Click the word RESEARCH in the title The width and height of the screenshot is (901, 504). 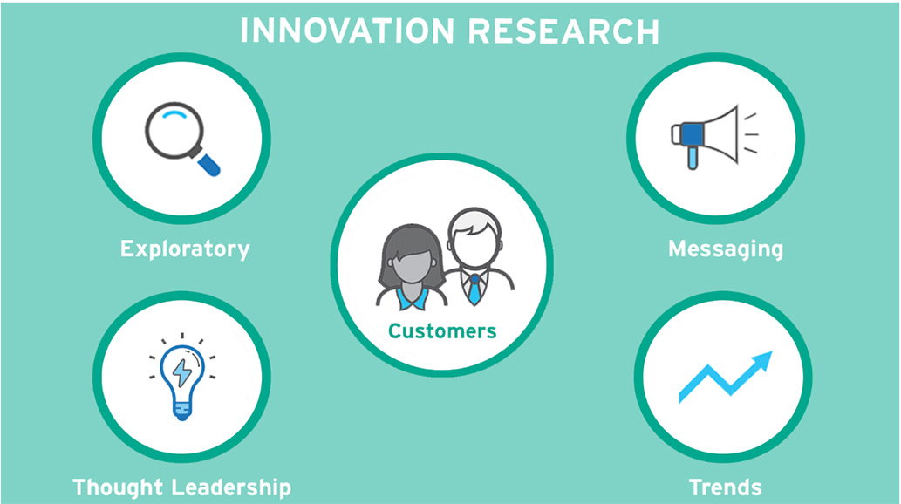pyautogui.click(x=563, y=31)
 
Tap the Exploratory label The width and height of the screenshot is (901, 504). pyautogui.click(x=185, y=249)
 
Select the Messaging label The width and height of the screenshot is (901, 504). pyautogui.click(x=725, y=249)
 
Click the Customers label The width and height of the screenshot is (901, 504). pyautogui.click(x=442, y=331)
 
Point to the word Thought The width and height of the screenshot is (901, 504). pyautogui.click(x=122, y=487)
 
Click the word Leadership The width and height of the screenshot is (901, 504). pyautogui.click(x=237, y=487)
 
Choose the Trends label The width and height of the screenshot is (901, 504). pyautogui.click(x=725, y=487)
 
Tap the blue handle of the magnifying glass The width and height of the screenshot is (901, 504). pyautogui.click(x=209, y=163)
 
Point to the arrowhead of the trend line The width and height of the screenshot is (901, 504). pyautogui.click(x=763, y=359)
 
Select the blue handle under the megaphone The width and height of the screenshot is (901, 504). pyautogui.click(x=692, y=158)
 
